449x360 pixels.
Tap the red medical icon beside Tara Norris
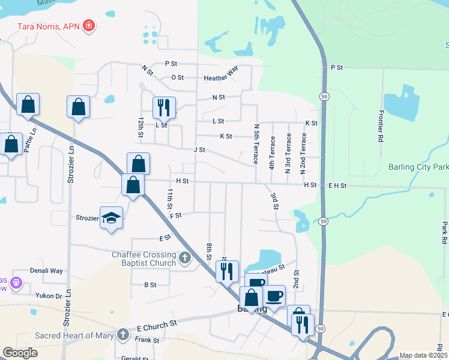coord(89,25)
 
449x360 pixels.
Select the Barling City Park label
coord(418,167)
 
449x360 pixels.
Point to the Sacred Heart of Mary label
coord(74,335)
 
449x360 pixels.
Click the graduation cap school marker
coord(112,217)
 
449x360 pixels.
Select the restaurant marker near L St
coord(163,108)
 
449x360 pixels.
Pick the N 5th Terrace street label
coord(256,144)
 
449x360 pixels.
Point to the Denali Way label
coord(46,271)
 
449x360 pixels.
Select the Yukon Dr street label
coord(50,296)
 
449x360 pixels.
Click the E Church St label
coord(158,323)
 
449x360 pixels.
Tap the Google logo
coord(20,353)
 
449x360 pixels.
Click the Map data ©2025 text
coord(423,355)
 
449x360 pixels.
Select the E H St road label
coord(337,185)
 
